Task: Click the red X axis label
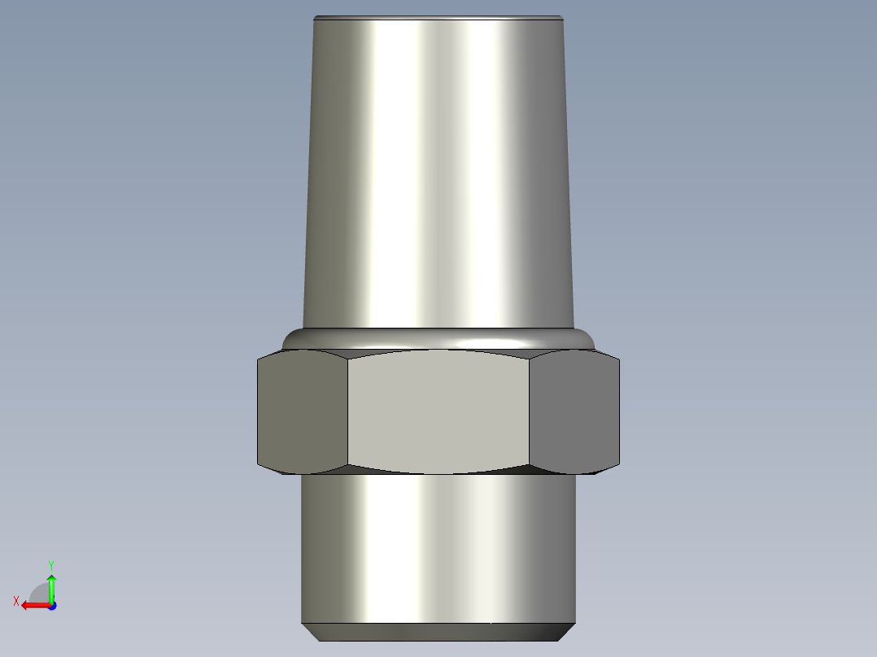(x=15, y=601)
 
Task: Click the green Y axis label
(x=50, y=563)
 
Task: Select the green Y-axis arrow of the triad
(x=51, y=586)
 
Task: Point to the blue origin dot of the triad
(x=51, y=605)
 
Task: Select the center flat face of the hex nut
(x=438, y=412)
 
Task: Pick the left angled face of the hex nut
(x=302, y=412)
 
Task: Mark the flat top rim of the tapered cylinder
(x=438, y=17)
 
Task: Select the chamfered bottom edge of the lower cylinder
(x=438, y=632)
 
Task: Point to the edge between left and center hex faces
(x=348, y=412)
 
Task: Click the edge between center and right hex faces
(x=530, y=412)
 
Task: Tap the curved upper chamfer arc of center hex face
(x=438, y=351)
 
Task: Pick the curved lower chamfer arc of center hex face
(x=438, y=473)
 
